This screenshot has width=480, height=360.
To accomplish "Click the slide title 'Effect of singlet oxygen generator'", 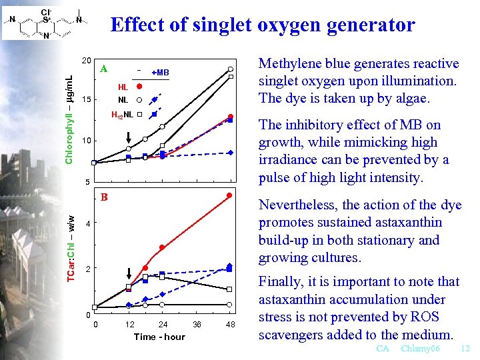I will [x=263, y=25].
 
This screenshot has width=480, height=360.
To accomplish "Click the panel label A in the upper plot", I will [x=103, y=68].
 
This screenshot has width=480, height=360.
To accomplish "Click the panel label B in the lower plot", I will [x=103, y=197].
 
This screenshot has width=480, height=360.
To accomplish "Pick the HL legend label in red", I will [x=123, y=87].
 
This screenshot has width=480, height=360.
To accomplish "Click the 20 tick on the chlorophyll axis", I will [x=86, y=60].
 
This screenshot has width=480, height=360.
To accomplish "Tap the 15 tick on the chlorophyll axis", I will [x=86, y=100].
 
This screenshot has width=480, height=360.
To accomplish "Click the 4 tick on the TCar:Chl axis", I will [x=87, y=223].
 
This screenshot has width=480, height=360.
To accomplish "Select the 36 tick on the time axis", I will [x=197, y=325].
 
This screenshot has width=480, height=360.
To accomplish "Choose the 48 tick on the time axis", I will [x=230, y=325].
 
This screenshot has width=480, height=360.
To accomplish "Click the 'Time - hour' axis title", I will [x=159, y=337].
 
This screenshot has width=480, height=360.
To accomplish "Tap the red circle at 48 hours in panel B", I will [x=229, y=195].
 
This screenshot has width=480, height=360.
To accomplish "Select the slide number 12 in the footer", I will [x=465, y=349].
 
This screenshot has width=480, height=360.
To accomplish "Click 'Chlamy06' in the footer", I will [x=421, y=349].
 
